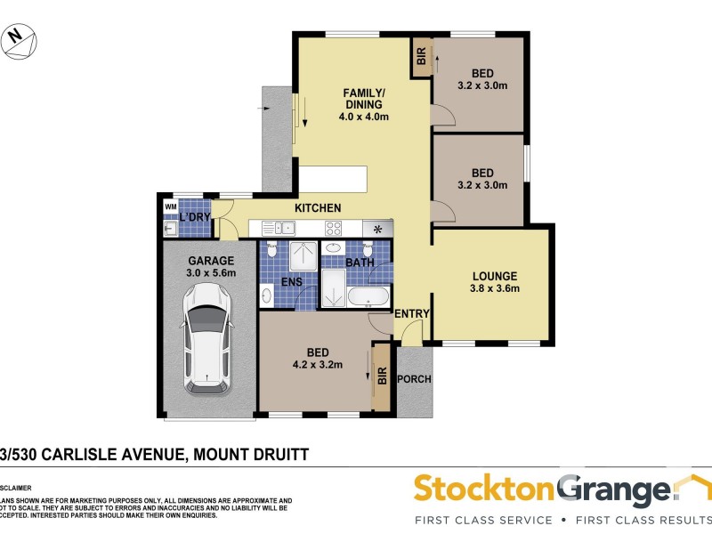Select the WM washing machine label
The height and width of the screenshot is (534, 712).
tap(170, 207)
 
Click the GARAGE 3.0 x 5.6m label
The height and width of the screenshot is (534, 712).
tap(211, 267)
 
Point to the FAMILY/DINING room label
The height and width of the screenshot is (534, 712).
tap(365, 104)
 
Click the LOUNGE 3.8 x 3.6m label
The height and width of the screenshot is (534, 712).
tap(495, 281)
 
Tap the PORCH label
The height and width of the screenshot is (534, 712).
tap(414, 379)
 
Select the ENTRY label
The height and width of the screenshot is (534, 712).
tap(412, 314)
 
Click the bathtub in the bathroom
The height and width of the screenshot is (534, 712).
tap(368, 296)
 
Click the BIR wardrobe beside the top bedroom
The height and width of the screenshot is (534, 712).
tap(420, 59)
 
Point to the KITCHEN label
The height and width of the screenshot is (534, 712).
tap(319, 208)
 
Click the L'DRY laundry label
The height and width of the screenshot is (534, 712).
tap(195, 217)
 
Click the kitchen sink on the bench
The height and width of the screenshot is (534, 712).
tap(274, 229)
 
